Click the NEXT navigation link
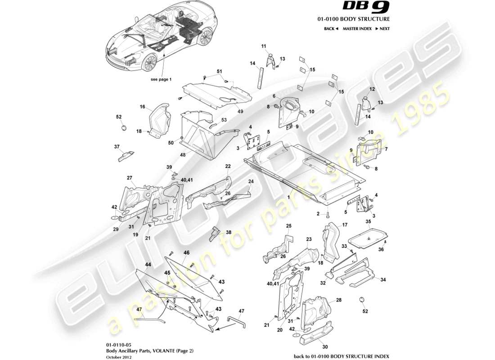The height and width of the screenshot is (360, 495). tap(382, 28)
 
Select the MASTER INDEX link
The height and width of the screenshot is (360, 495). tap(357, 28)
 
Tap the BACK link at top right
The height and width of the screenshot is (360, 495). tap(331, 28)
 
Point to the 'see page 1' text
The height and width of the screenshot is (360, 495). tap(161, 79)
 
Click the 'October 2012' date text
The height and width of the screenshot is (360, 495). tap(117, 357)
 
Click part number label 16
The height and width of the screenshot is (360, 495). tap(142, 107)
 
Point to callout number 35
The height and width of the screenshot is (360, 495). tap(368, 222)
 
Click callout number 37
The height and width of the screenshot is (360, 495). tap(117, 147)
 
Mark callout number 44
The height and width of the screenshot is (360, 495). tap(148, 265)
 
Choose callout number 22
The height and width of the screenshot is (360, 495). tap(228, 166)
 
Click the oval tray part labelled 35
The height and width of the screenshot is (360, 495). tap(369, 236)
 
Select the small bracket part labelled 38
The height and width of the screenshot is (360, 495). tap(215, 234)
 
